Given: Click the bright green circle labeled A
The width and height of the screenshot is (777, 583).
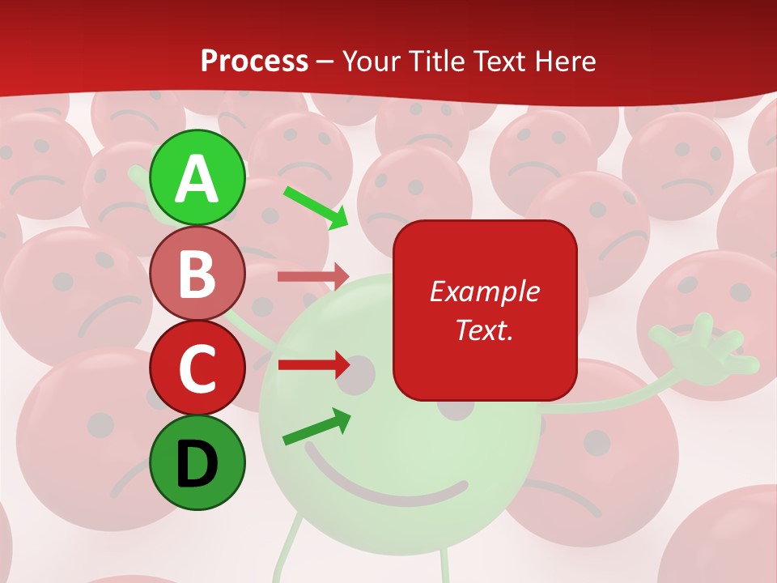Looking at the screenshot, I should pyautogui.click(x=197, y=177).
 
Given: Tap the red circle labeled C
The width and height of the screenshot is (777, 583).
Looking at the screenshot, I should pyautogui.click(x=197, y=368).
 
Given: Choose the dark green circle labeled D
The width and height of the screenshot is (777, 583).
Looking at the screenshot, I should pyautogui.click(x=197, y=463).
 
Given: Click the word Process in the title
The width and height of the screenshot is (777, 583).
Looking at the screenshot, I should pyautogui.click(x=254, y=61).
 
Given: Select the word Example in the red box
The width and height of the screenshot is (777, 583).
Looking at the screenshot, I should pyautogui.click(x=484, y=291).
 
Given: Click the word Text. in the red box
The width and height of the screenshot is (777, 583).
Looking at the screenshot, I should pyautogui.click(x=484, y=330).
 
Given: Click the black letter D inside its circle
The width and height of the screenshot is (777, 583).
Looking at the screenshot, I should pyautogui.click(x=197, y=464).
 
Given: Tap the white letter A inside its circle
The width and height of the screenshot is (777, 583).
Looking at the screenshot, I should pyautogui.click(x=197, y=178).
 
